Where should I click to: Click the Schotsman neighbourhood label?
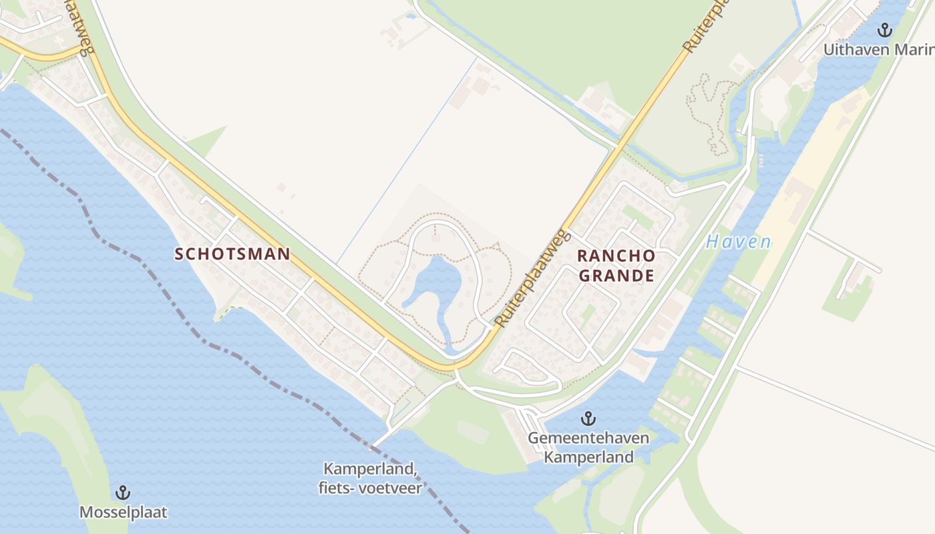(x=232, y=254)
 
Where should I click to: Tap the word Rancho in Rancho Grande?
(x=616, y=256)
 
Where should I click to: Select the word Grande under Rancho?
(x=616, y=276)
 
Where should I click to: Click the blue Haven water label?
(x=738, y=242)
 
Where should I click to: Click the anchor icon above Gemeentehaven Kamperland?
(x=588, y=419)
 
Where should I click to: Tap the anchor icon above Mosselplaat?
(x=122, y=493)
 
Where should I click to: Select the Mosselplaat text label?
(x=123, y=513)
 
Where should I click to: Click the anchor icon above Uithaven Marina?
(x=884, y=29)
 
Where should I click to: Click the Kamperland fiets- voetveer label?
(x=370, y=479)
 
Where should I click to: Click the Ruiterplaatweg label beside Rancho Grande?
(x=532, y=279)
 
